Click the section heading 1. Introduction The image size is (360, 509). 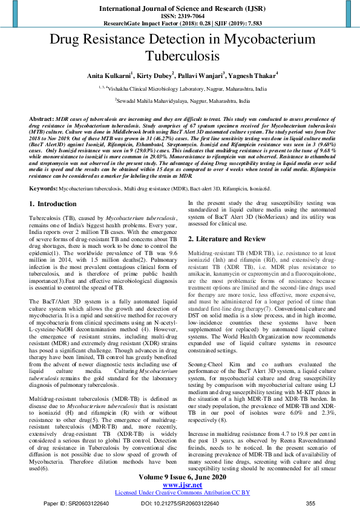click(x=53, y=205)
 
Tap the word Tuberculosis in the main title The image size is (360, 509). click(x=180, y=57)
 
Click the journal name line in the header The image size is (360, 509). click(x=180, y=8)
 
